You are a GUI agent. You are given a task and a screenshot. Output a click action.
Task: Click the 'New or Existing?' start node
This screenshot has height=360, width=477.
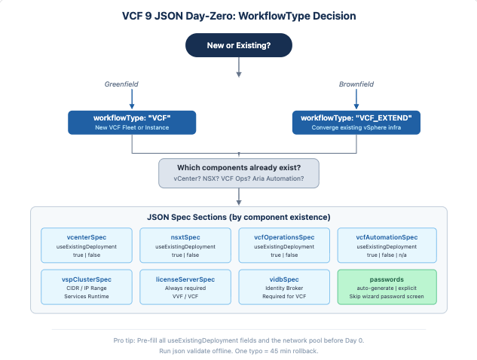click(239, 45)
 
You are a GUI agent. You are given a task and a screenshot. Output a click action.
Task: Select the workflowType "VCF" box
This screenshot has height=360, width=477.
click(132, 123)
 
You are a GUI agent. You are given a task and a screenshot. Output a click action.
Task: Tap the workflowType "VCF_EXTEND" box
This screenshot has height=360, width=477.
click(356, 123)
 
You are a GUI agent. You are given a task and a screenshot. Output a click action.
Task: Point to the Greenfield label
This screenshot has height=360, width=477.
click(121, 84)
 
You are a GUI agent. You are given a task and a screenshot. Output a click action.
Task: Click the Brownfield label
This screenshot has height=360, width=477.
click(356, 84)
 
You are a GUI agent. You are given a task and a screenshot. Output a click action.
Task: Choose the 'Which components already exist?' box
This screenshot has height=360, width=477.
click(239, 173)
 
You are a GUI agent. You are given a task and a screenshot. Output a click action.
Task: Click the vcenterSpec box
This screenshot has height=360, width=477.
click(87, 246)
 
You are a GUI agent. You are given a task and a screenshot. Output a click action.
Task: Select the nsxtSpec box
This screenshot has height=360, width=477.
click(185, 246)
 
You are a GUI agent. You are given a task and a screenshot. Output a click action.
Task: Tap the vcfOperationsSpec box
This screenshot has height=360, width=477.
click(284, 246)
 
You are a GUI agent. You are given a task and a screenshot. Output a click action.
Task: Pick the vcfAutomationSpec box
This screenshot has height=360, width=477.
click(387, 246)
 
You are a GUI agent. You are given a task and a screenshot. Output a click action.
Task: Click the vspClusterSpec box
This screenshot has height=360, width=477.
click(87, 287)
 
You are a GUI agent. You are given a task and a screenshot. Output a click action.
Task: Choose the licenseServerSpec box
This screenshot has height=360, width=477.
click(185, 287)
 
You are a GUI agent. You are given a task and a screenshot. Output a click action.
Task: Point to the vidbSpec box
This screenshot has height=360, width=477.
click(284, 287)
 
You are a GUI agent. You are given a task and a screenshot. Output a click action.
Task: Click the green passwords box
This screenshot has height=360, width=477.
click(387, 287)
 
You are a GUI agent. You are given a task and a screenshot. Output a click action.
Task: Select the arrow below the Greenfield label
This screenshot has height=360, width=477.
click(132, 99)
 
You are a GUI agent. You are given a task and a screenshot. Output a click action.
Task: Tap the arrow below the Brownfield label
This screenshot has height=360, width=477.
click(356, 99)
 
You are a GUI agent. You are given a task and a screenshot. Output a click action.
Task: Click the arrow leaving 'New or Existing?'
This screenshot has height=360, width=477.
click(239, 67)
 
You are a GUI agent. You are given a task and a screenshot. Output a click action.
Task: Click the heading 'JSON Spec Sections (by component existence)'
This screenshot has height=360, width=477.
click(239, 217)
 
